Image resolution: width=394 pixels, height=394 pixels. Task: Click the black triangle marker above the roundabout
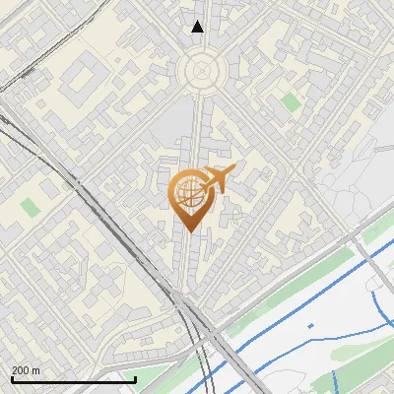pos(198,27)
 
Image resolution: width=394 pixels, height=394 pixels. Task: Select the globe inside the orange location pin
pos(187,193)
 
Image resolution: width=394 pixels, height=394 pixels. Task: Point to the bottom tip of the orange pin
pos(187,230)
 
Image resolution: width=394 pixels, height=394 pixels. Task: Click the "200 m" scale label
pos(26,370)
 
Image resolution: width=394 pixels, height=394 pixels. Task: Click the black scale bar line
pos(73,379)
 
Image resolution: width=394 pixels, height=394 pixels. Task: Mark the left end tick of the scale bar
pos(12,378)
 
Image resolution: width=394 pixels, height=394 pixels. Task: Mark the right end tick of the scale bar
pos(135,378)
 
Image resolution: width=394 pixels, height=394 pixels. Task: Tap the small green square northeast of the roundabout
pos(289,101)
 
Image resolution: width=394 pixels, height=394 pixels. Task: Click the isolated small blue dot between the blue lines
pos(310,325)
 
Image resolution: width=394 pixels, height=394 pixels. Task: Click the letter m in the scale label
pos(35,370)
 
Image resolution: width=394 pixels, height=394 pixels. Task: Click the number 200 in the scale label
pos(21,370)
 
